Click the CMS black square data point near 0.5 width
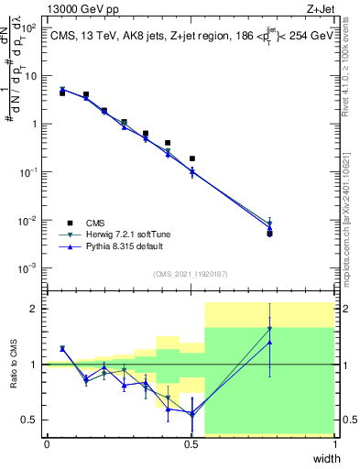tap(192, 158)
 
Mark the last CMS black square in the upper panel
tap(269, 234)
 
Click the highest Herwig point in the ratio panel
tap(269, 329)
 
